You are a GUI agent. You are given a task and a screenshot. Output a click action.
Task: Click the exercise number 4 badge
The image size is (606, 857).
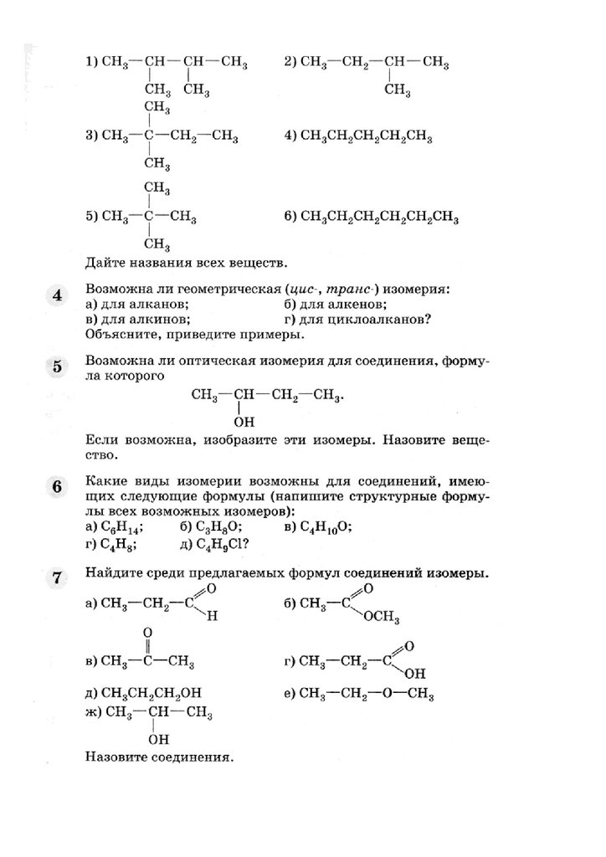[x=56, y=296]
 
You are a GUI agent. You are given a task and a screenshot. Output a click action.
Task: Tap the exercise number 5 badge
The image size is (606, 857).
[x=56, y=367]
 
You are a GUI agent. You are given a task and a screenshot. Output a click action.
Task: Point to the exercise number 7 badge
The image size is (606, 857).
[x=56, y=577]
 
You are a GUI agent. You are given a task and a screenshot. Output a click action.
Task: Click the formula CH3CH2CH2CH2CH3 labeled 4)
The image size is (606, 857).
[x=366, y=136]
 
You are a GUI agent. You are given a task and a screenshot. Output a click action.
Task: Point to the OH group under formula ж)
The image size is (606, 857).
[x=158, y=740]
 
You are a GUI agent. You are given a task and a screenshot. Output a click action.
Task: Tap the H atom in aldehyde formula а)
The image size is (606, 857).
[x=213, y=617]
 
